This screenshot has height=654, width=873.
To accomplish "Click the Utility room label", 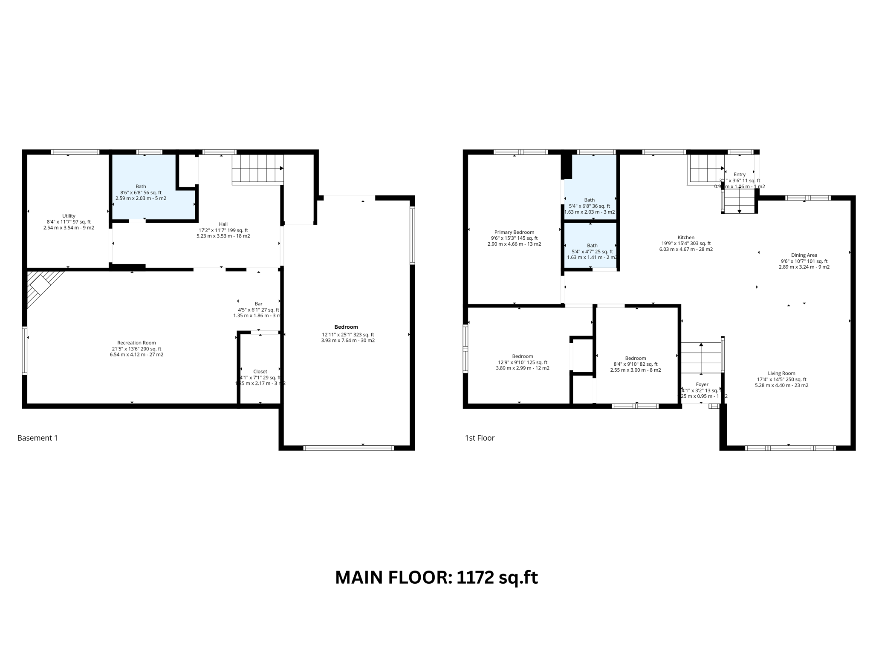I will [69, 216].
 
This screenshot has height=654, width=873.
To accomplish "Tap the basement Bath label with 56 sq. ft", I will [141, 186].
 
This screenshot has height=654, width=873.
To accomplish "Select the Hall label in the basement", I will [223, 224].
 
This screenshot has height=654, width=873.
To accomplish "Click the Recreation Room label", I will [136, 343].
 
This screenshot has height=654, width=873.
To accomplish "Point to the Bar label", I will [258, 304].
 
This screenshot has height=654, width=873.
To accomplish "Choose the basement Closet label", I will [260, 372].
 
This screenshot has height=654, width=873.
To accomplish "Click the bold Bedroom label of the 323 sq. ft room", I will [346, 327].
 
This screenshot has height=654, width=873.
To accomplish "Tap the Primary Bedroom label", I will [514, 232].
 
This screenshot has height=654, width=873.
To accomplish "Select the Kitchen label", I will [686, 238].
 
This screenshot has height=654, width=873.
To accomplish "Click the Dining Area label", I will [804, 255].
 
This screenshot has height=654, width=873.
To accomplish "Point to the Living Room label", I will [781, 373].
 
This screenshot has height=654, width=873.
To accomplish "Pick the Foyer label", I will [702, 384].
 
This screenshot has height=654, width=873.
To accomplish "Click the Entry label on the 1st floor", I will [740, 175].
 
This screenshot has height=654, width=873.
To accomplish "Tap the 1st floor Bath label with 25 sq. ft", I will [592, 246].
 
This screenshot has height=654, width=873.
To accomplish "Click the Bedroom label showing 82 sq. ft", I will [635, 359].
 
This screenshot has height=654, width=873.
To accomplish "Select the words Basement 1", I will [38, 438].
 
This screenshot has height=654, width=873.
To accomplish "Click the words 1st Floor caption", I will [480, 438].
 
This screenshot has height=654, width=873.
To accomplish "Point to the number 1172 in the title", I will [475, 578].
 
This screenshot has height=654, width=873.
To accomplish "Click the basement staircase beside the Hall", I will [257, 169].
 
